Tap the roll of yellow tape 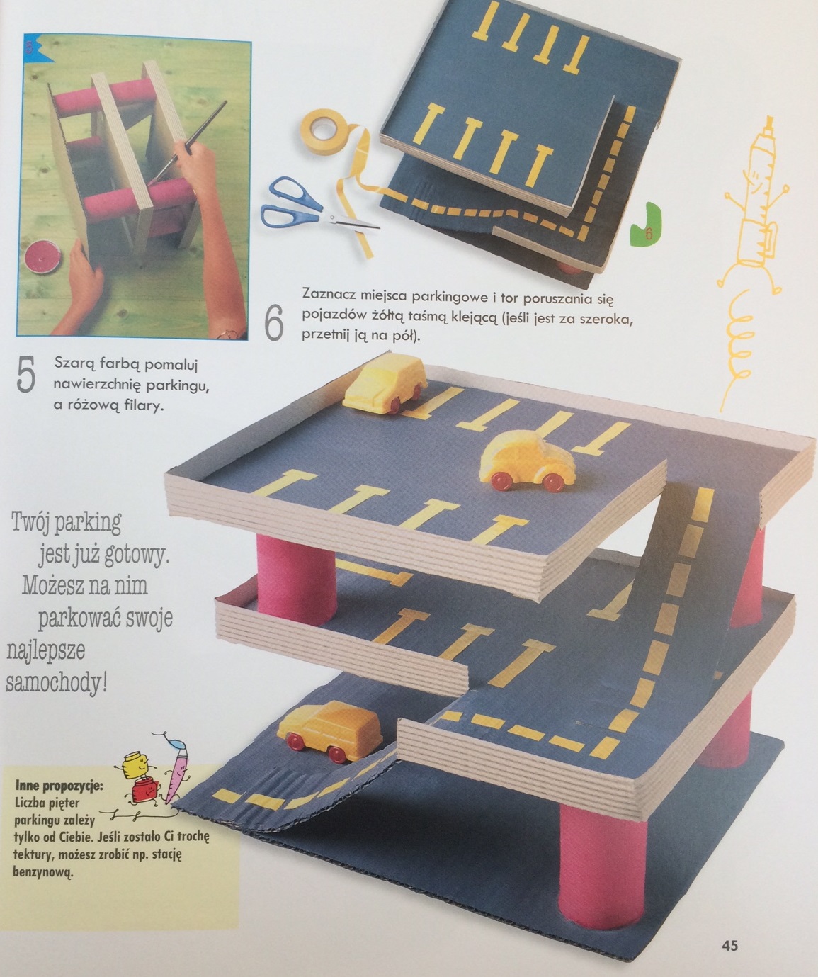(324, 126)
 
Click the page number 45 (729, 942)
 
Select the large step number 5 (25, 374)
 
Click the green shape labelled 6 (647, 225)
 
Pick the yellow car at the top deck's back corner (385, 385)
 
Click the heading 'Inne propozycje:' (59, 786)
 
